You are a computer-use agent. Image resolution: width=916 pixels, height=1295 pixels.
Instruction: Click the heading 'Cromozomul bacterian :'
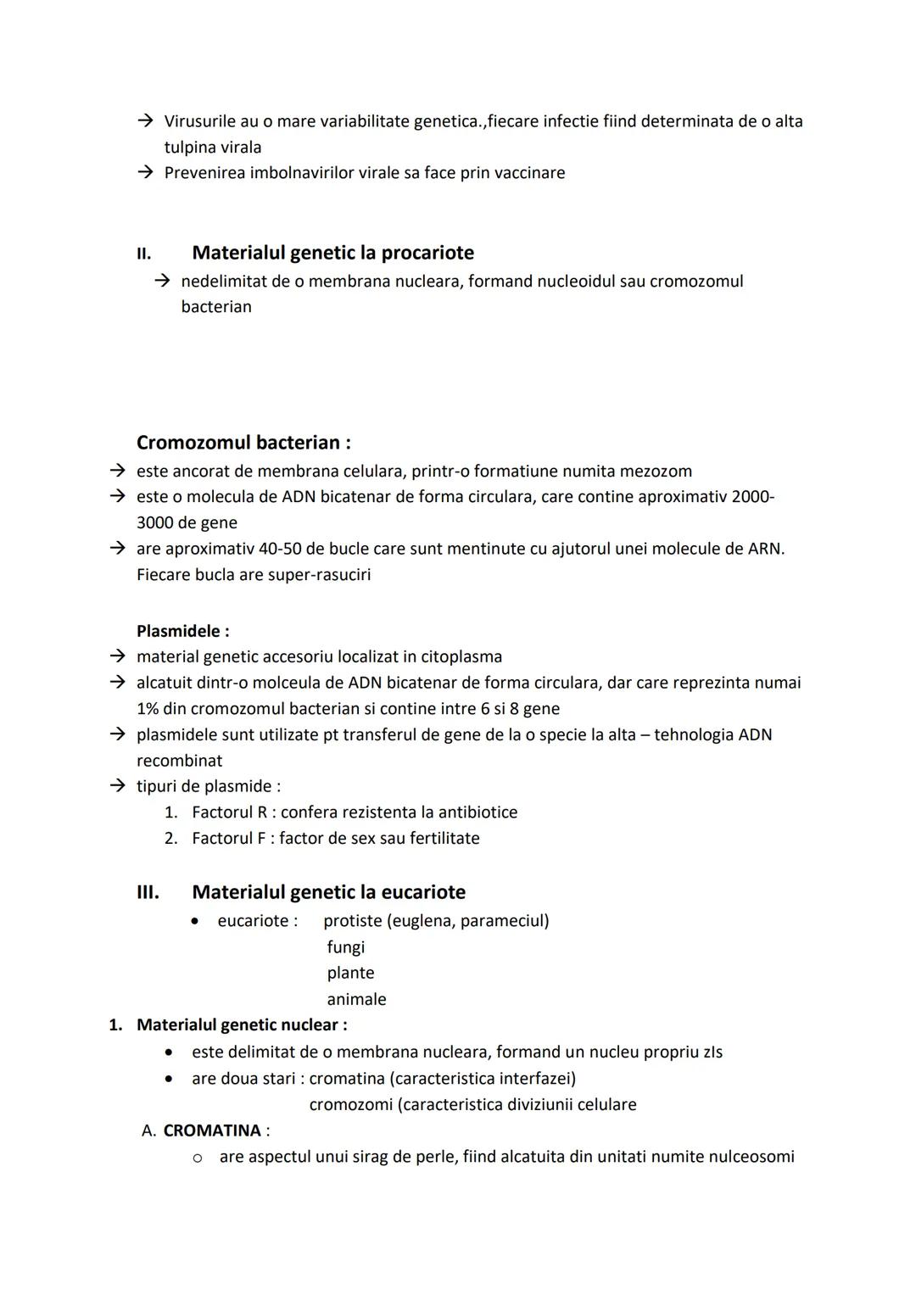click(x=243, y=443)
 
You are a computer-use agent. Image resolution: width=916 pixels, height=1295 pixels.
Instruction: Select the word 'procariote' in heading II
click(x=427, y=253)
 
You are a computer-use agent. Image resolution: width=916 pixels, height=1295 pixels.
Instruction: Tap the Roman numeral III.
click(x=148, y=892)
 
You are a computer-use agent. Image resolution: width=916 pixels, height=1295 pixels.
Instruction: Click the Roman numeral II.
click(x=143, y=254)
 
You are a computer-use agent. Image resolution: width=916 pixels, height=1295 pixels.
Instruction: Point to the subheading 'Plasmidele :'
click(x=182, y=631)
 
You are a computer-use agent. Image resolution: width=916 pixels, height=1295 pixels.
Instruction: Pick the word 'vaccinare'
click(x=529, y=173)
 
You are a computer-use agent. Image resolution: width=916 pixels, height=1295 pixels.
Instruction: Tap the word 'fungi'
click(x=346, y=946)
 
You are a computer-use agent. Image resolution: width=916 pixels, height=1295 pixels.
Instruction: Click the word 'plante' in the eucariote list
click(x=350, y=973)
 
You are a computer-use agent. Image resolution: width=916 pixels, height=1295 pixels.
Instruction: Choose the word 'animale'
click(x=356, y=999)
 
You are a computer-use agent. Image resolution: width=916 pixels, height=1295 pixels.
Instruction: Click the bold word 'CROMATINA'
click(x=212, y=1130)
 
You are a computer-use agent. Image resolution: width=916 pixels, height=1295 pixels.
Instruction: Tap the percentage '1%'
click(x=148, y=708)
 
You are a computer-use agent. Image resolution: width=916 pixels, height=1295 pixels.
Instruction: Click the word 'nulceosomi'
click(x=746, y=1157)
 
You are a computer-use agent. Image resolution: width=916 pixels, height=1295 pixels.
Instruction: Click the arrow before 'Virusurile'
click(x=145, y=121)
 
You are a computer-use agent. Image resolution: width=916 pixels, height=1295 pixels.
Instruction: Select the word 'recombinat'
click(x=179, y=761)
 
